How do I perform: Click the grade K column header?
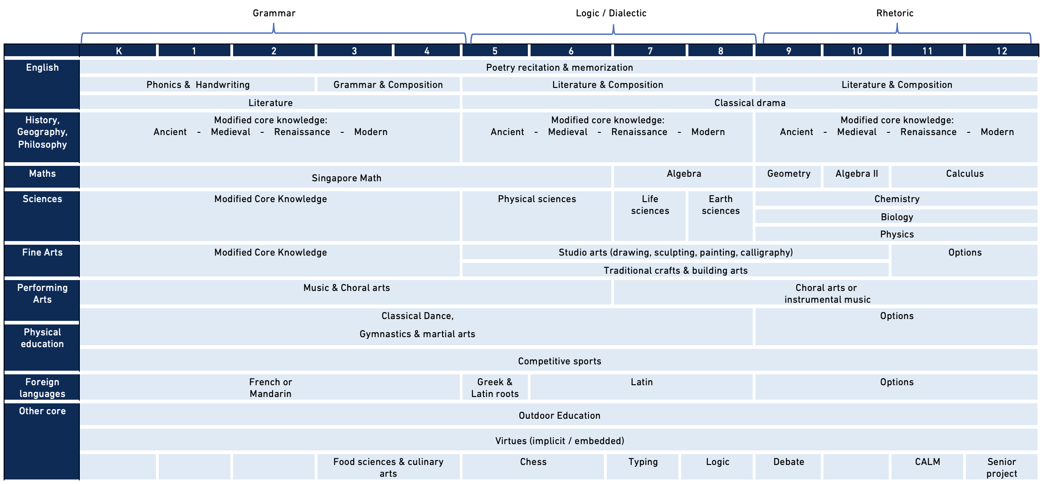pyautogui.click(x=118, y=51)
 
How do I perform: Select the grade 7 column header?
pyautogui.click(x=650, y=51)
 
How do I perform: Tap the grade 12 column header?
pyautogui.click(x=1002, y=51)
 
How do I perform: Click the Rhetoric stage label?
pyautogui.click(x=895, y=13)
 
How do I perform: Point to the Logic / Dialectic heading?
pyautogui.click(x=611, y=13)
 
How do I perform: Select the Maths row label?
pyautogui.click(x=42, y=174)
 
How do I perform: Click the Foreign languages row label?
pyautogui.click(x=42, y=387)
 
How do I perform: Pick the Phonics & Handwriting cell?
pyautogui.click(x=198, y=85)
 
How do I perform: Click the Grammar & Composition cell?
pyautogui.click(x=388, y=85)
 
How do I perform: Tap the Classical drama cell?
pyautogui.click(x=750, y=103)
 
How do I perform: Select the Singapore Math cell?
pyautogui.click(x=346, y=178)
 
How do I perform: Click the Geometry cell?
pyautogui.click(x=789, y=174)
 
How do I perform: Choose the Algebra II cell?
pyautogui.click(x=857, y=174)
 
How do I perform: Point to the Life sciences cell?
pyautogui.click(x=650, y=205)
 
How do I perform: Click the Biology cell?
pyautogui.click(x=897, y=217)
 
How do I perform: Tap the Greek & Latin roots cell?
pyautogui.click(x=495, y=388)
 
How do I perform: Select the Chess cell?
pyautogui.click(x=533, y=462)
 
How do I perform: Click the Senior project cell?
pyautogui.click(x=1002, y=467)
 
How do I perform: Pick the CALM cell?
pyautogui.click(x=927, y=462)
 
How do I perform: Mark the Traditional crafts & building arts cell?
pyautogui.click(x=675, y=271)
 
